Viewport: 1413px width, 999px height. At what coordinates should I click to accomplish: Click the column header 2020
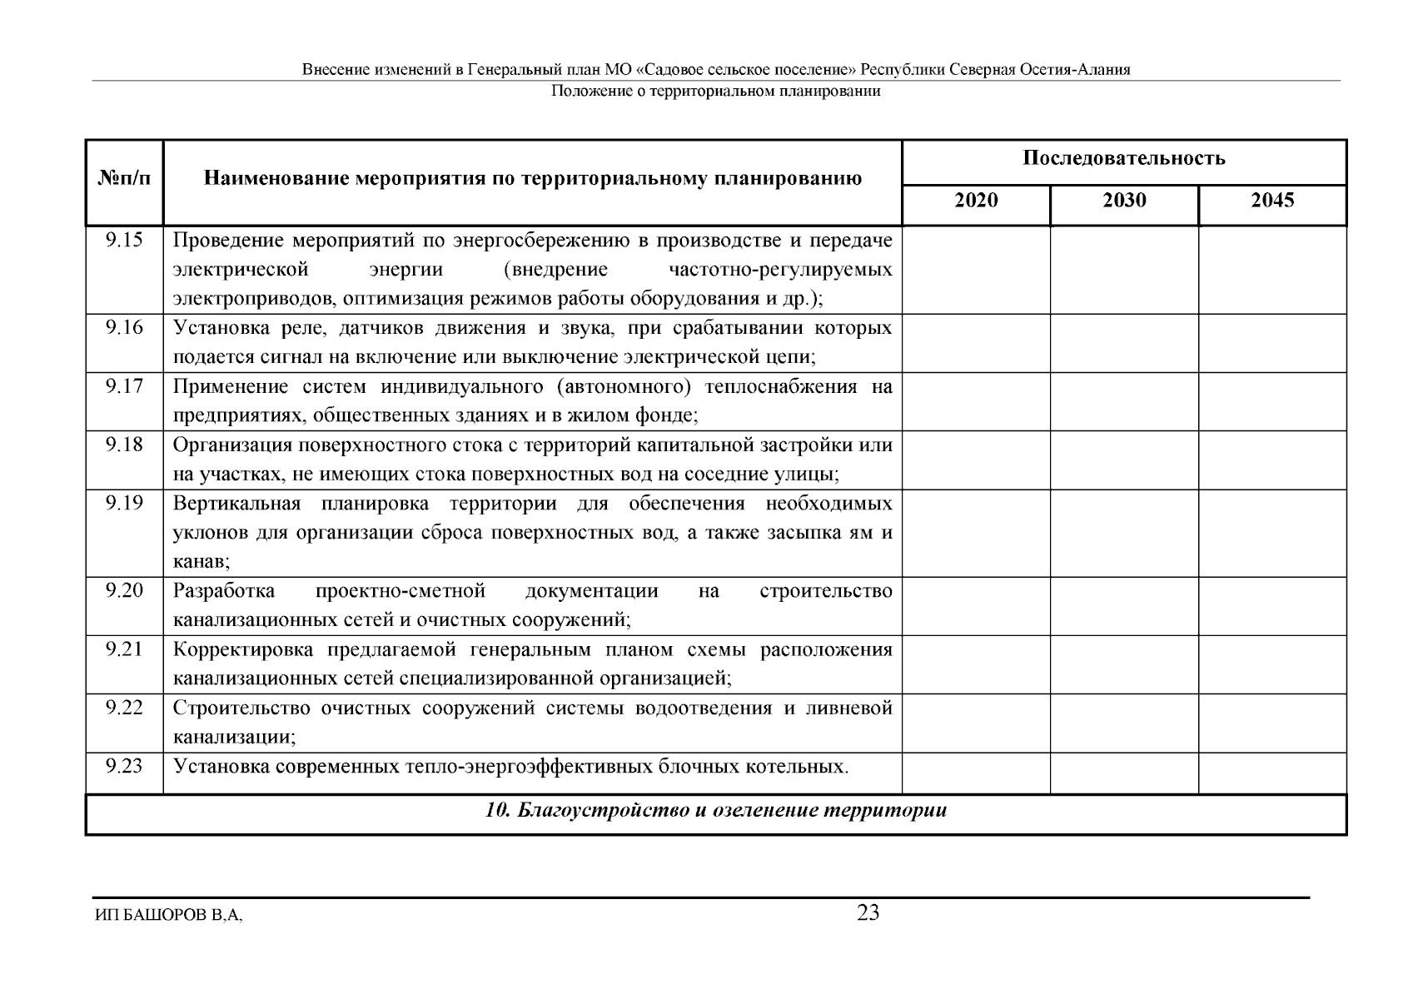coord(976,201)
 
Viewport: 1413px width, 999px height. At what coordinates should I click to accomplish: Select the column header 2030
coord(1124,201)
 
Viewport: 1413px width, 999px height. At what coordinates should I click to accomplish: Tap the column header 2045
coord(1272,201)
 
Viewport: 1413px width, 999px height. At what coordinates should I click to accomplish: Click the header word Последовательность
coord(1124,158)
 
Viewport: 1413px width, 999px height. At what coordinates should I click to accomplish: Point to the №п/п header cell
coord(125,179)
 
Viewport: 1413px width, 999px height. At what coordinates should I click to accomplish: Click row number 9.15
coord(125,241)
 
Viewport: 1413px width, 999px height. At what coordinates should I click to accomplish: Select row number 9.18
coord(125,445)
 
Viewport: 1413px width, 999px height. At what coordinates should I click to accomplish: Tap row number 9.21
coord(125,649)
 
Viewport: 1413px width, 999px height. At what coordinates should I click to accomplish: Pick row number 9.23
coord(125,766)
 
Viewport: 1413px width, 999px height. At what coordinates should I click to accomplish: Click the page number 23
coord(868,913)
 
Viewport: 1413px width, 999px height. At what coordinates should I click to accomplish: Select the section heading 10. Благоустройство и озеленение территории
coord(716,811)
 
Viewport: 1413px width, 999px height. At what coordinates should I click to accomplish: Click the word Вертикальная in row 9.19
coord(225,504)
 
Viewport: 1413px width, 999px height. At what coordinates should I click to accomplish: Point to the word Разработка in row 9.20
coord(224,591)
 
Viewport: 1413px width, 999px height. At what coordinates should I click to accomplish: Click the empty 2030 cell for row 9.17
coord(1124,401)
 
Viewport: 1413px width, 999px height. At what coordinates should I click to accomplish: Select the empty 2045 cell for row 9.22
coord(1272,723)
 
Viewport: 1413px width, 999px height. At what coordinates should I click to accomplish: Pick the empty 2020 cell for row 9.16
coord(976,343)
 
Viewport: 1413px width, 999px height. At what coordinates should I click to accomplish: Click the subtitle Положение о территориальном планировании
coord(716,92)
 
